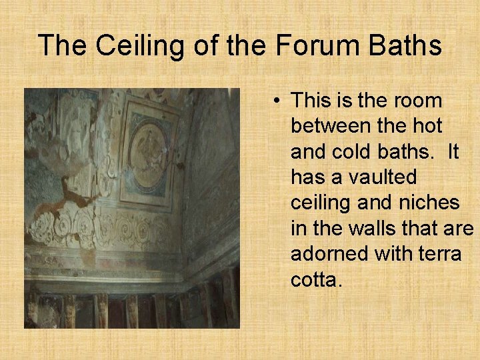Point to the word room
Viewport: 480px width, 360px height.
[419, 101]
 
